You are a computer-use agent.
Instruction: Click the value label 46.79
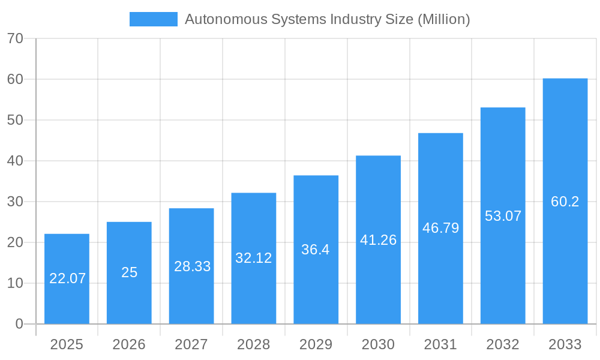(x=440, y=228)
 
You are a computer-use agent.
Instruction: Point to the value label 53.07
(x=503, y=216)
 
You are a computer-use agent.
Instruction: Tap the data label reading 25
(x=129, y=272)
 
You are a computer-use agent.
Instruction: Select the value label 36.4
(x=316, y=250)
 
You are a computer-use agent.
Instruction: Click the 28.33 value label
(x=192, y=266)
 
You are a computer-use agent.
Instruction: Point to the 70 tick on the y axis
(x=15, y=38)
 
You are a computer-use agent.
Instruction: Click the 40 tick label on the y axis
(x=15, y=161)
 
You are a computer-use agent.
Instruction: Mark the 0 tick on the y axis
(x=19, y=324)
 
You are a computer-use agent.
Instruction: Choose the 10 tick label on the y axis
(x=15, y=283)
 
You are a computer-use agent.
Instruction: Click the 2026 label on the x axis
(x=129, y=344)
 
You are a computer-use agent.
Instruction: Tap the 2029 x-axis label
(x=316, y=344)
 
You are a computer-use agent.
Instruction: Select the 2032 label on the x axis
(x=503, y=344)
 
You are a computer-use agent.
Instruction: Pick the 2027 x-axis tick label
(x=191, y=344)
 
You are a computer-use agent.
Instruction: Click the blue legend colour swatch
(x=154, y=19)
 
